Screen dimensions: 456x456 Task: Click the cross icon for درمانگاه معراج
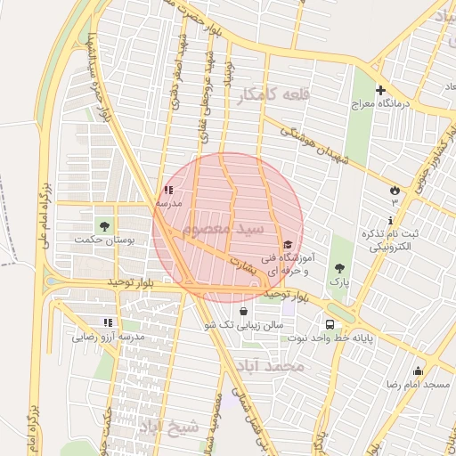(x=380, y=90)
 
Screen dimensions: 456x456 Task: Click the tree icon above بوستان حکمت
(x=106, y=225)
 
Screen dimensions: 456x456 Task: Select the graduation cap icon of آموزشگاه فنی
(x=287, y=245)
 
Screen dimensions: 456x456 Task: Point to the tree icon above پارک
(x=338, y=267)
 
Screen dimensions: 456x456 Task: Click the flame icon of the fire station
(x=395, y=190)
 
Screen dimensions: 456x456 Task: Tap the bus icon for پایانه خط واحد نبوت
(x=330, y=324)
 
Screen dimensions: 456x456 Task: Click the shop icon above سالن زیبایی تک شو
(x=244, y=311)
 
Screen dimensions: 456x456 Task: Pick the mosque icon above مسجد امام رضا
(x=417, y=370)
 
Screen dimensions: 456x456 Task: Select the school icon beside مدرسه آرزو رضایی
(x=108, y=322)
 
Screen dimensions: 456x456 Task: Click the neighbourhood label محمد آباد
(x=277, y=366)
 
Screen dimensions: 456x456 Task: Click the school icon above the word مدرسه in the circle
(x=169, y=190)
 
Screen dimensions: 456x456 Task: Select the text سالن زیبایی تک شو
(x=243, y=325)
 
